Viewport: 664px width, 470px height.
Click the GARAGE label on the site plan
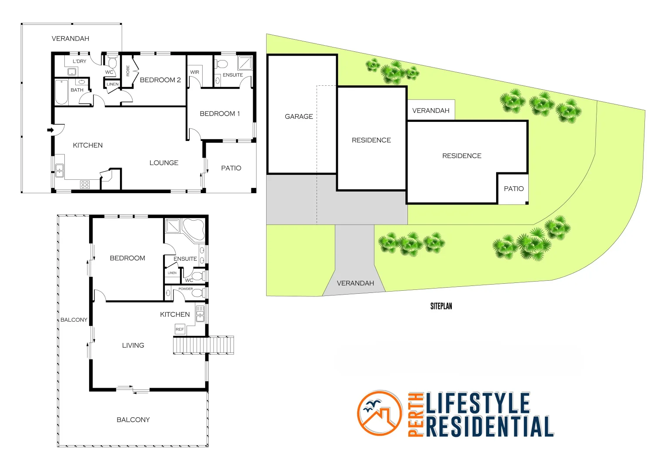coord(299,117)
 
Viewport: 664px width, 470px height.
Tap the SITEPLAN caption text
coord(441,306)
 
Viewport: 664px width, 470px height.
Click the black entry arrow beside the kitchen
coord(50,130)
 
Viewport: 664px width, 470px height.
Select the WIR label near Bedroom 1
coord(194,72)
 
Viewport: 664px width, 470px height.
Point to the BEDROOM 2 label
coord(160,80)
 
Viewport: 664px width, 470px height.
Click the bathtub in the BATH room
coord(61,93)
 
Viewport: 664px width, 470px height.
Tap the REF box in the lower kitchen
coord(180,329)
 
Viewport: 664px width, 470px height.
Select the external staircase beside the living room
coord(203,345)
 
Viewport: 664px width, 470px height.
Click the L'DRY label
coord(79,61)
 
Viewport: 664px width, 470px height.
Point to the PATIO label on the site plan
coord(514,189)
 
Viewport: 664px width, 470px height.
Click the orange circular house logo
coord(380,413)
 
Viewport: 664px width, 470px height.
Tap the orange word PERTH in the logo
coord(416,414)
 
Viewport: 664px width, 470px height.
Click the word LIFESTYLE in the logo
coord(477,403)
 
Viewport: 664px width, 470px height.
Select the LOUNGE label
coord(163,163)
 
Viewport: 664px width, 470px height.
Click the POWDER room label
coord(186,289)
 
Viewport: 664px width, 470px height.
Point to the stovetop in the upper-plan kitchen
coord(85,185)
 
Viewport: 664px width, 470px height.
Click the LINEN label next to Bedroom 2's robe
coord(112,84)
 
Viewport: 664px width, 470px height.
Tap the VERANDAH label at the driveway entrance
coord(355,283)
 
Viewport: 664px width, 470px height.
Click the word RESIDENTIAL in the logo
coord(489,426)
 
